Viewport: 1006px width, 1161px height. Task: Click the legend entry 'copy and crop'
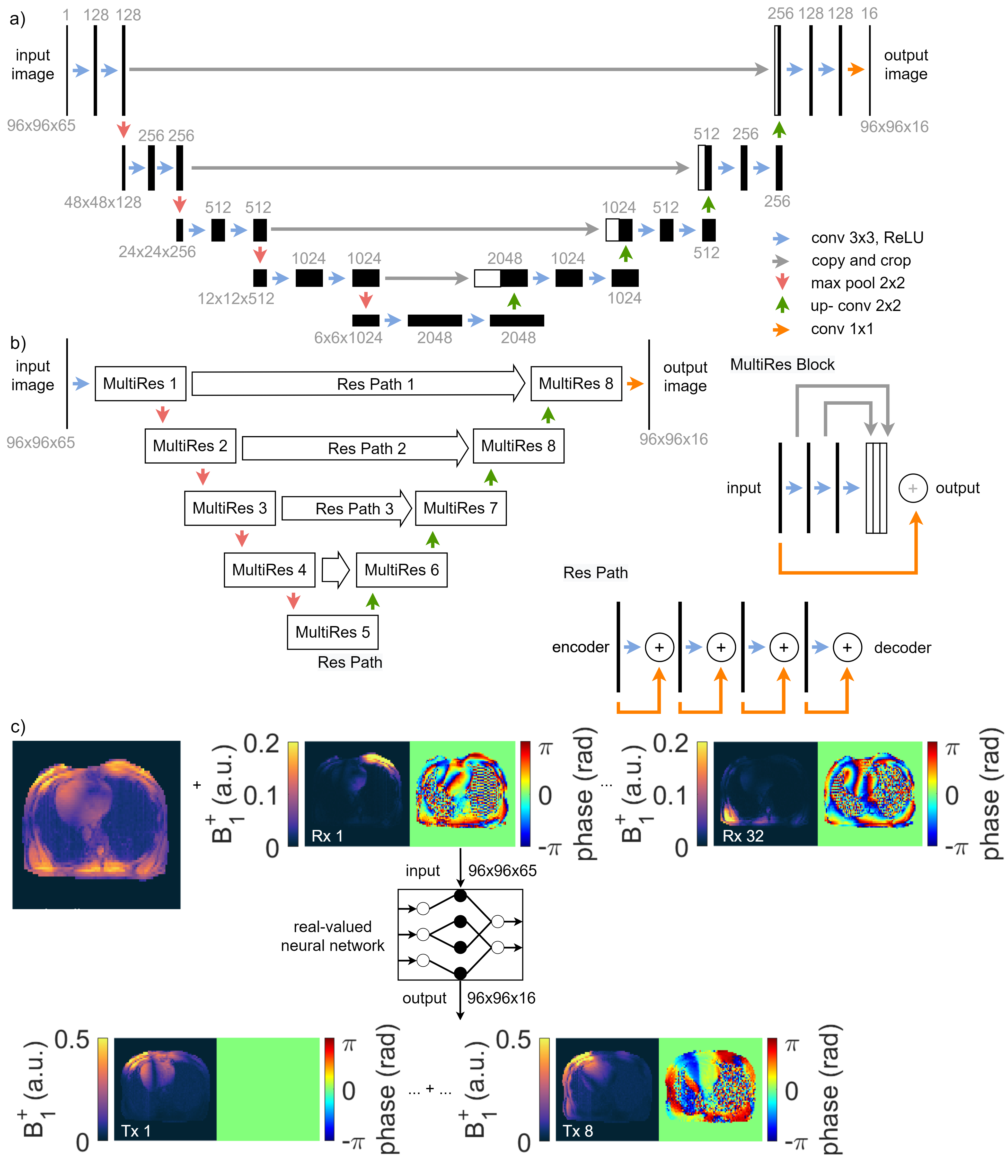[x=861, y=261]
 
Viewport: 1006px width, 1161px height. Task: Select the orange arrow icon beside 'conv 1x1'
[x=781, y=329]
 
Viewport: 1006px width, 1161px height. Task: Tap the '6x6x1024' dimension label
[x=348, y=337]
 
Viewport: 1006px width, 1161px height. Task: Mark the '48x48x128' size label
[x=103, y=202]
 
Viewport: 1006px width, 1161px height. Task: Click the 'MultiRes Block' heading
[x=782, y=365]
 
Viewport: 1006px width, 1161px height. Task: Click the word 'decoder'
[x=902, y=648]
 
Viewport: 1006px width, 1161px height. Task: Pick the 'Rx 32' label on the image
[x=743, y=836]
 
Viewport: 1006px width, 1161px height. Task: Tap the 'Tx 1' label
[x=136, y=1131]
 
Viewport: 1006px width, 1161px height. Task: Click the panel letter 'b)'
[x=18, y=343]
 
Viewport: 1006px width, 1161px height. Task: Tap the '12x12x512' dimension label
[x=236, y=298]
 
